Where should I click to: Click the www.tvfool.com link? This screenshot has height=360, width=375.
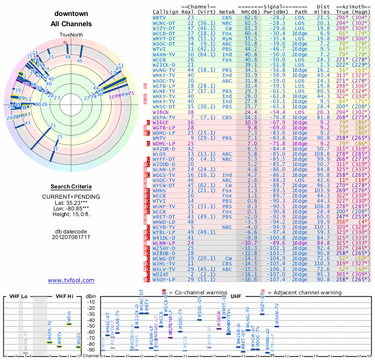(x=71, y=280)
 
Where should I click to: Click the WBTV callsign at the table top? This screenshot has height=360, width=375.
(x=159, y=17)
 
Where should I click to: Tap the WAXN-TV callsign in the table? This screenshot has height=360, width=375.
(x=164, y=54)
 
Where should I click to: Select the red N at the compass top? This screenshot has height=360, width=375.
(x=66, y=43)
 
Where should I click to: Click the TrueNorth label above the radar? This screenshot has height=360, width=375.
(x=71, y=35)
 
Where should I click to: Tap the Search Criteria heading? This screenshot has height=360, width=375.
(x=71, y=187)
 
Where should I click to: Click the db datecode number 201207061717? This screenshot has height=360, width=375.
(x=71, y=237)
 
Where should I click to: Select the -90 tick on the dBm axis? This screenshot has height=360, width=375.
(x=91, y=350)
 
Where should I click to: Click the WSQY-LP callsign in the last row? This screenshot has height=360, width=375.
(x=164, y=280)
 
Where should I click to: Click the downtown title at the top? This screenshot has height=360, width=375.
(x=71, y=13)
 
